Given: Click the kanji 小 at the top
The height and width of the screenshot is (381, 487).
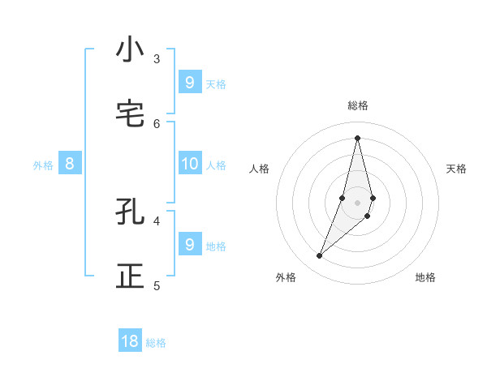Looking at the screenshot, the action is point(130,49).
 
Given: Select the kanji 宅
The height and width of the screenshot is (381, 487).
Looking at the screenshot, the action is point(130,114).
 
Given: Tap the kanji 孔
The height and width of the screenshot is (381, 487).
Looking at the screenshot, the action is point(130,212).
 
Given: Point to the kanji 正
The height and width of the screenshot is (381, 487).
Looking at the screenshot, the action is point(130,276).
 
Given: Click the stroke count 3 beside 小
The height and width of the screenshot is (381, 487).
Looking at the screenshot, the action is point(157,58).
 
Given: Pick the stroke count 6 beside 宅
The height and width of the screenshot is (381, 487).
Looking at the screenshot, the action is point(157,123).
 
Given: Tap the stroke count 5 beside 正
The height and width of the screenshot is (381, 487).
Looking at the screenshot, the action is point(157,285).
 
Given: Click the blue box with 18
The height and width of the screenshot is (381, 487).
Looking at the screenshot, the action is point(130,341).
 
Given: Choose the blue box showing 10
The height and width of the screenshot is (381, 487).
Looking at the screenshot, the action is point(189,164).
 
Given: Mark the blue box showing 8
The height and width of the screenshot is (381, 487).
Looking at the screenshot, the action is point(70,164).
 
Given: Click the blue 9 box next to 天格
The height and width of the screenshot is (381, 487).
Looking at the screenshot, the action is point(189,82).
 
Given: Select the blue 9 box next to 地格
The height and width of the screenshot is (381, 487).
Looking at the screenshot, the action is point(189,244).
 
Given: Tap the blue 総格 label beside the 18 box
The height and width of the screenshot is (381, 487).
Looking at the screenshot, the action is point(156,343).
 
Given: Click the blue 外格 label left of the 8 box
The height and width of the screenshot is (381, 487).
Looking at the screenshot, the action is point(43,165).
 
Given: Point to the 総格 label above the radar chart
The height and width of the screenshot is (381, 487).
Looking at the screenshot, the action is point(358,105).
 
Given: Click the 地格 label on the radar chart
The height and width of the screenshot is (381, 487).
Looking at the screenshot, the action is point(425,277).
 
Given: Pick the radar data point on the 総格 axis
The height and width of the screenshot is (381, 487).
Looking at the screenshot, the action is point(358,137).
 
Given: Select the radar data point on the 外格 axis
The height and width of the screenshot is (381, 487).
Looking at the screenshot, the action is point(320,256).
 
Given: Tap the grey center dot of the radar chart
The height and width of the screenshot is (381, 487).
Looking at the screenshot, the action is point(358,202).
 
